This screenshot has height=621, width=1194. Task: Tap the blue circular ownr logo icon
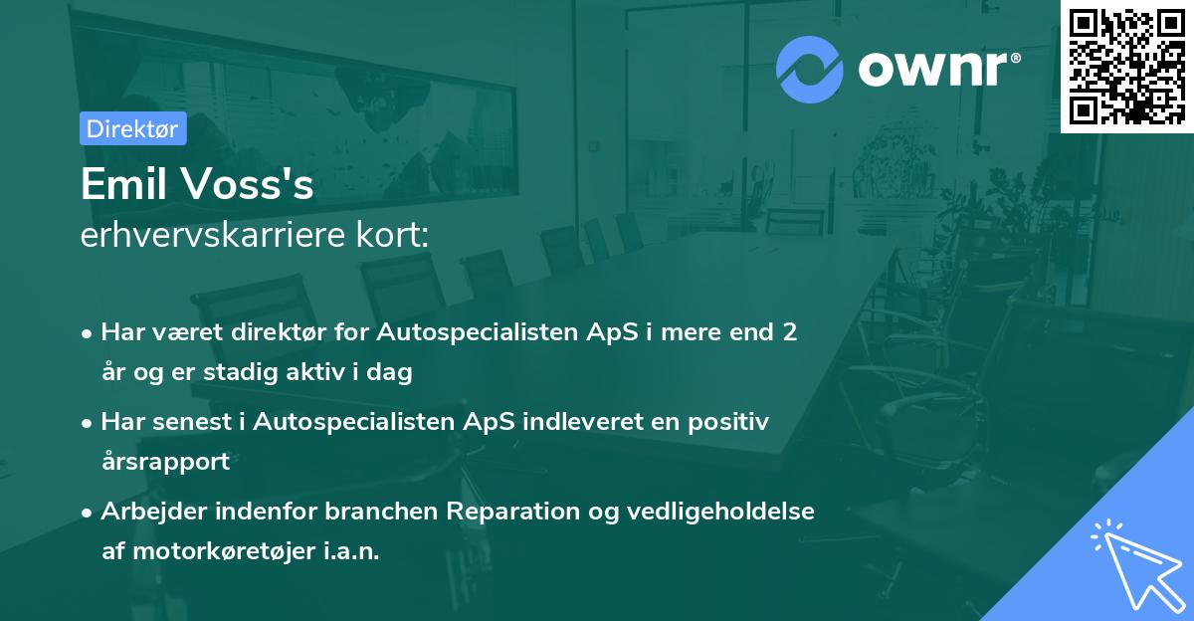pos(809,70)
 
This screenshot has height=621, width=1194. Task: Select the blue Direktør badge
pos(132,128)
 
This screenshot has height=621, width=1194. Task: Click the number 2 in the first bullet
pos(789,332)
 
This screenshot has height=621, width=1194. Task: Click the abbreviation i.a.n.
pos(349,551)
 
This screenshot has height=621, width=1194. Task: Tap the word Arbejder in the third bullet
pos(149,512)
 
